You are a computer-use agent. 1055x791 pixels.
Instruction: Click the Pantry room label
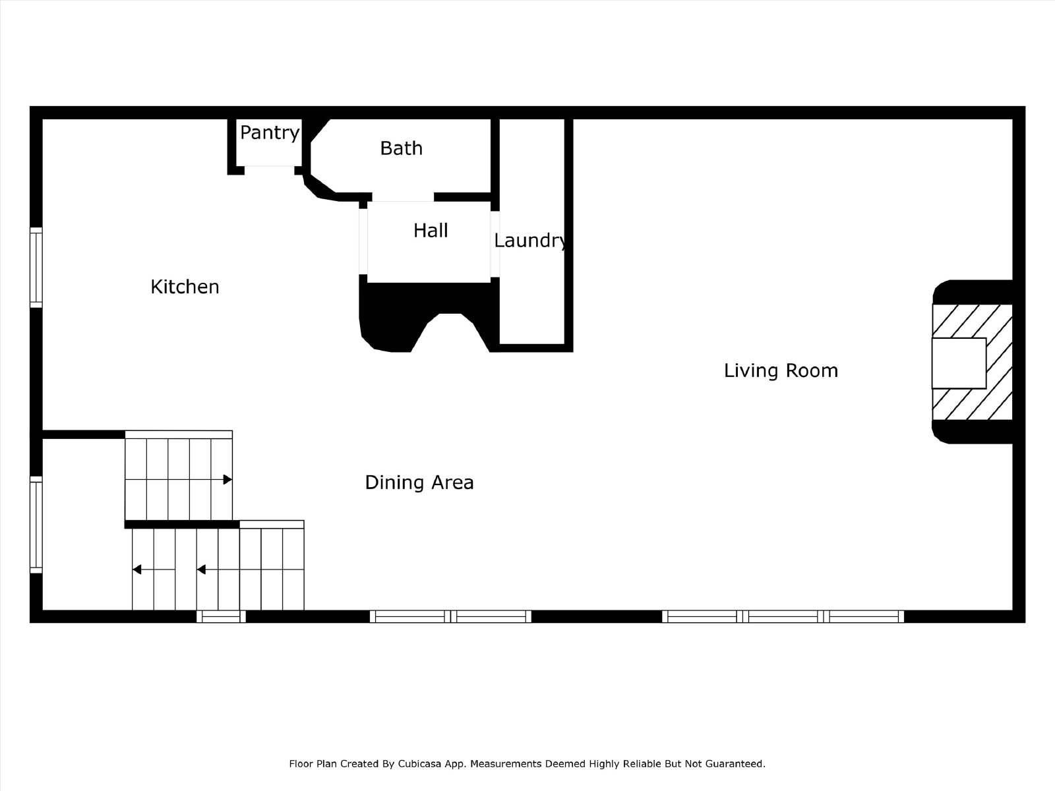click(x=270, y=132)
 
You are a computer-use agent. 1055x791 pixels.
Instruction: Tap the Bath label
click(x=402, y=148)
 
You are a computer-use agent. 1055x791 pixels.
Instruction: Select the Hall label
click(x=431, y=231)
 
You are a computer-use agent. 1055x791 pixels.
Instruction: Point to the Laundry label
click(x=531, y=241)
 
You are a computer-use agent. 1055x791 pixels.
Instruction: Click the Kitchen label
click(x=185, y=287)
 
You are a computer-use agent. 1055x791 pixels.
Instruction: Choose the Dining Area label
click(x=419, y=483)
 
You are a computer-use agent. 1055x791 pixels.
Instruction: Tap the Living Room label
click(x=781, y=370)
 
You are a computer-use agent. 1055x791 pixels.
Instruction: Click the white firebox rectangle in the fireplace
click(x=959, y=363)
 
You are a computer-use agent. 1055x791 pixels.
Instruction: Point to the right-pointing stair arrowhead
click(x=228, y=479)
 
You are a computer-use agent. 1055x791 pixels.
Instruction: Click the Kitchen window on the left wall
click(x=36, y=268)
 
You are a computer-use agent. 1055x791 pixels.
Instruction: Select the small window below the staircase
click(x=221, y=616)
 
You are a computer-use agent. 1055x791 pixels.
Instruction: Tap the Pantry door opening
click(x=270, y=170)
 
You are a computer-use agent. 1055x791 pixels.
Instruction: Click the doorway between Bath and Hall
click(x=404, y=197)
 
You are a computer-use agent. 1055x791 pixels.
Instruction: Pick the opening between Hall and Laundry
click(x=495, y=245)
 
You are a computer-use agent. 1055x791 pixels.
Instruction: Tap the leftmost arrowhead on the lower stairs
click(x=137, y=570)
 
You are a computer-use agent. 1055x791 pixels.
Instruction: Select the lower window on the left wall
click(x=36, y=525)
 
